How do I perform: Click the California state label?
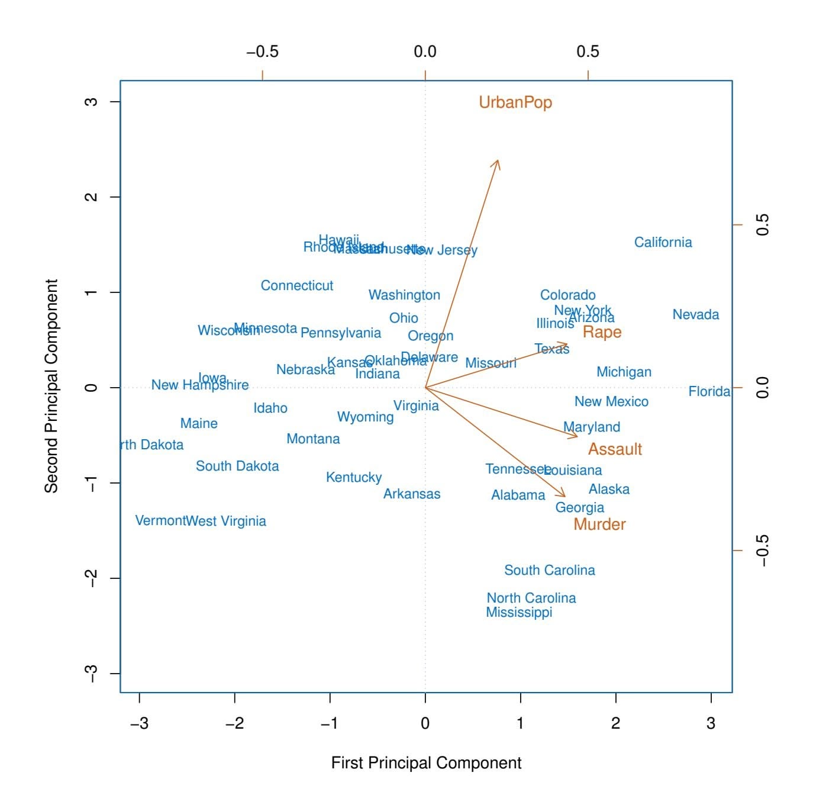pyautogui.click(x=663, y=242)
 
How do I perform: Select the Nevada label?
pyautogui.click(x=695, y=314)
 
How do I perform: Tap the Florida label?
pyautogui.click(x=709, y=391)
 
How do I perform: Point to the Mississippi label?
pyautogui.click(x=519, y=612)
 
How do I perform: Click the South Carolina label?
pyautogui.click(x=549, y=570)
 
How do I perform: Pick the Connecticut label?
pyautogui.click(x=296, y=285)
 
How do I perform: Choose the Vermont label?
pyautogui.click(x=160, y=520)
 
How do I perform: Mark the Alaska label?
pyautogui.click(x=609, y=489)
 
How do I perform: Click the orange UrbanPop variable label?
pyautogui.click(x=515, y=102)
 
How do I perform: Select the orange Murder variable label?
pyautogui.click(x=599, y=524)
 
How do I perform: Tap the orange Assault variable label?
pyautogui.click(x=615, y=449)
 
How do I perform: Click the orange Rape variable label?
pyautogui.click(x=602, y=332)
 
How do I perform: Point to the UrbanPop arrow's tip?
pyautogui.click(x=498, y=161)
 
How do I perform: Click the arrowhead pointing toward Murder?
pyautogui.click(x=564, y=495)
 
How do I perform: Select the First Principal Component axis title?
pyautogui.click(x=426, y=762)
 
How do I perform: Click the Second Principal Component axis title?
pyautogui.click(x=52, y=386)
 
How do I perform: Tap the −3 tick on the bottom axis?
pyautogui.click(x=140, y=723)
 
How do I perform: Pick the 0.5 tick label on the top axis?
pyautogui.click(x=588, y=51)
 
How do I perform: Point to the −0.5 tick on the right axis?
pyautogui.click(x=763, y=551)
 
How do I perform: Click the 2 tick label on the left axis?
pyautogui.click(x=91, y=197)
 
